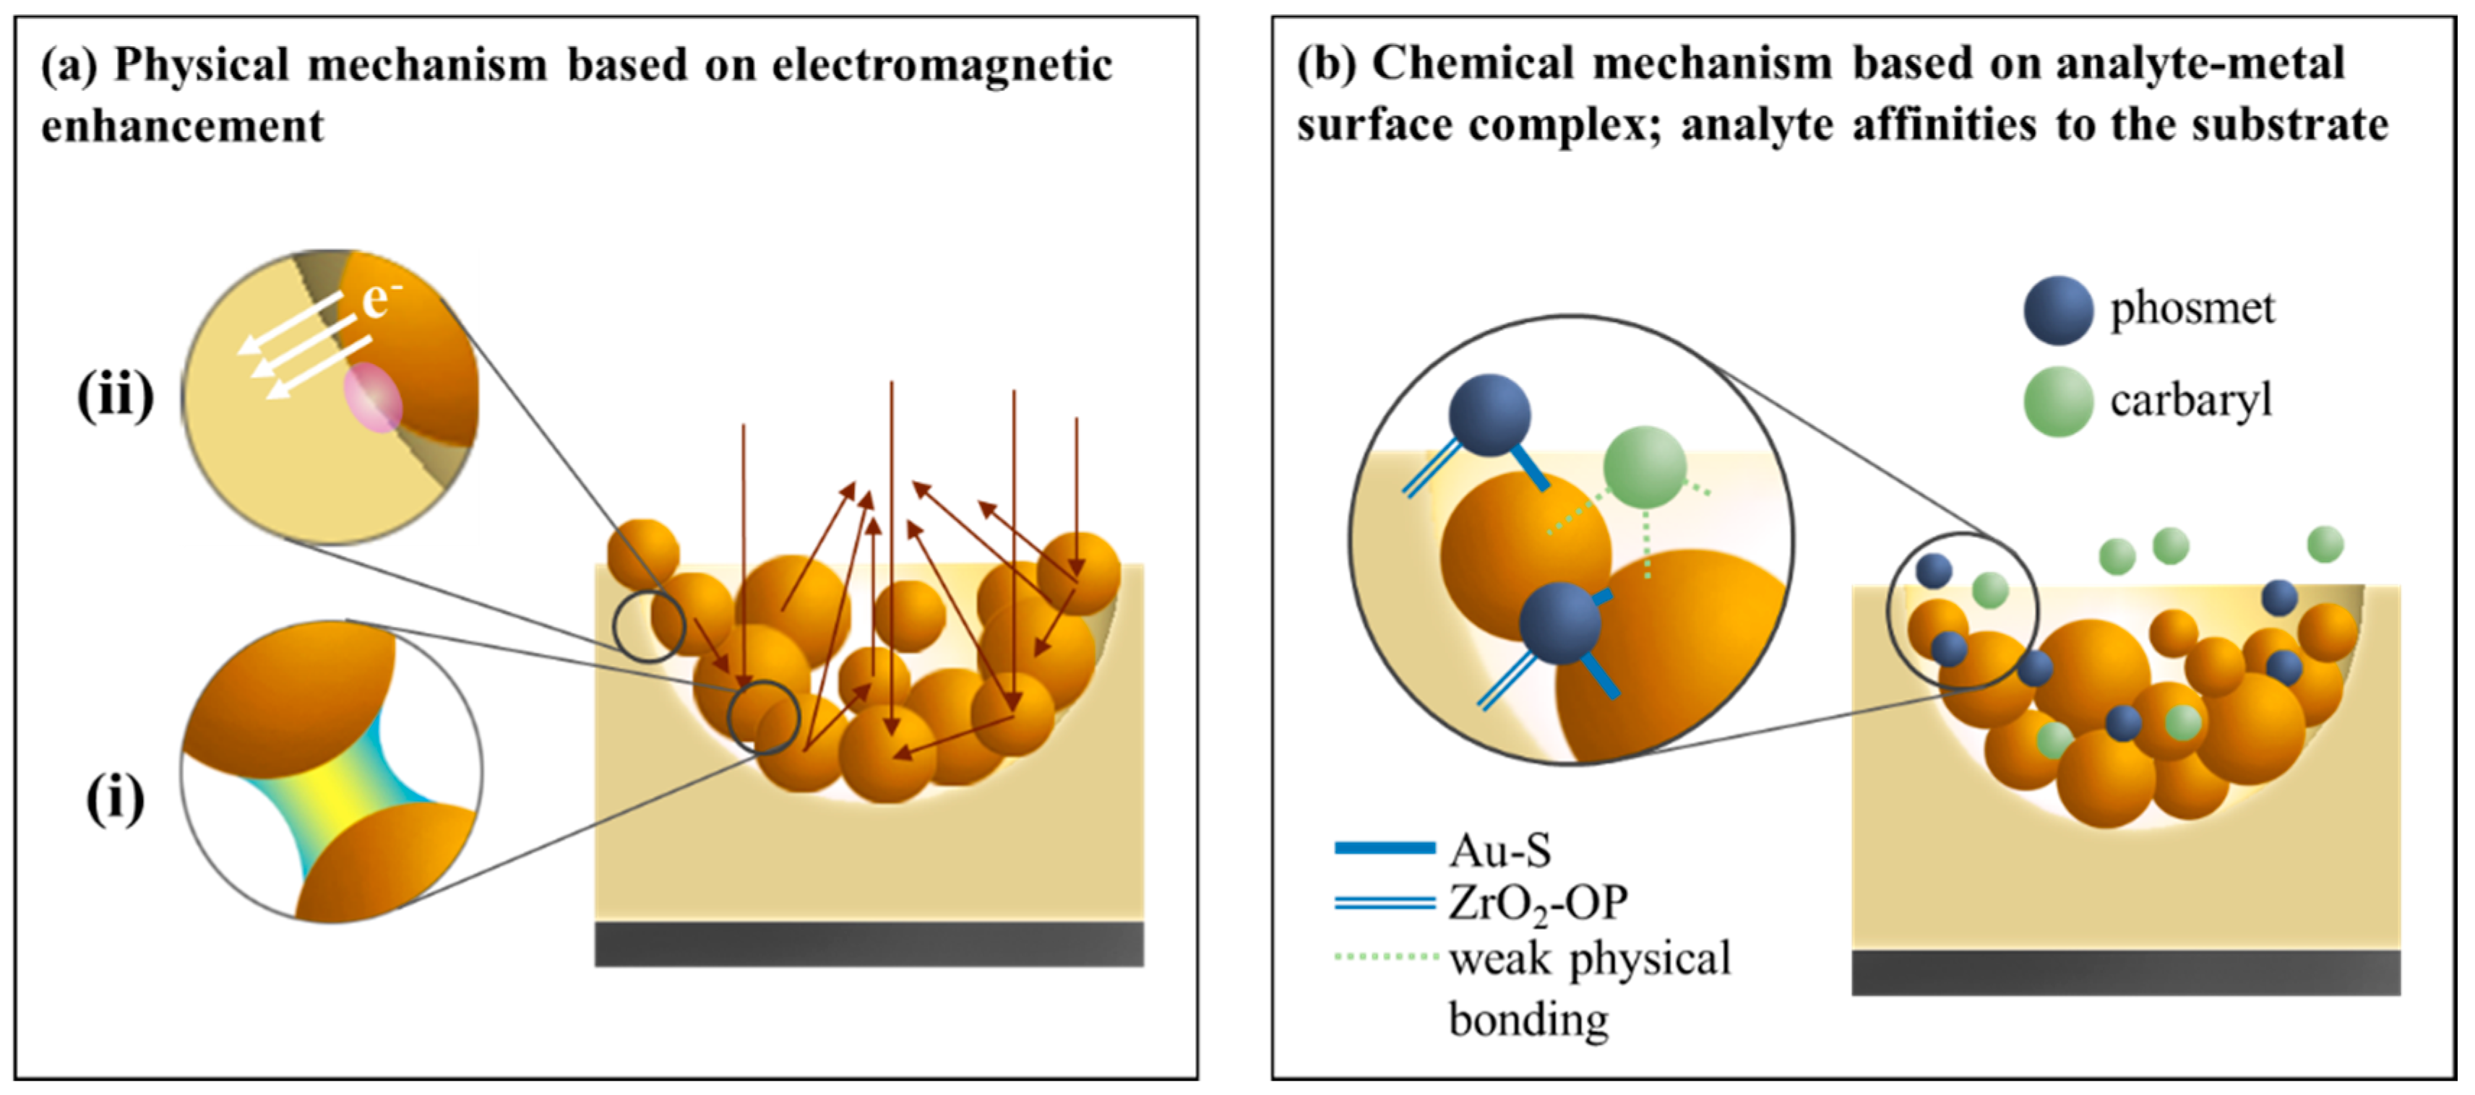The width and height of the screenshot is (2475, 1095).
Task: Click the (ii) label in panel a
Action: [116, 395]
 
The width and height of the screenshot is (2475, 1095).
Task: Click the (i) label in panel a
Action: [116, 798]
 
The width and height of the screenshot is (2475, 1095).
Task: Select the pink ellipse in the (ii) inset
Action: [374, 396]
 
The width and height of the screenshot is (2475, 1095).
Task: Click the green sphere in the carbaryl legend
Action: [2058, 402]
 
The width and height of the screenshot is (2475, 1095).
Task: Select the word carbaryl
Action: [2190, 399]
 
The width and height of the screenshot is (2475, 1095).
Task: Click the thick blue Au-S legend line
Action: [1385, 847]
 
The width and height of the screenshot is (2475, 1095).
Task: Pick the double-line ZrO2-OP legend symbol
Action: [1385, 902]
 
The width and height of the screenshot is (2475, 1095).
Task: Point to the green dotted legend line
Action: [1385, 957]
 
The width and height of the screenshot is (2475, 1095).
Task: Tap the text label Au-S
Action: [1499, 850]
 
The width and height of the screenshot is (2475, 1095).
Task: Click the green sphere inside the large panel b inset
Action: [1644, 468]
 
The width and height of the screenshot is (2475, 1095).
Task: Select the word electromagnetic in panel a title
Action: [942, 65]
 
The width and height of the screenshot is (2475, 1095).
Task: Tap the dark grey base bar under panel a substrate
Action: [869, 943]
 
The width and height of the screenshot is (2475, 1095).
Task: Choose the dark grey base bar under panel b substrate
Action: [2125, 972]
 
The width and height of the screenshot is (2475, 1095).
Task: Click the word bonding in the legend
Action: [1528, 1019]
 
